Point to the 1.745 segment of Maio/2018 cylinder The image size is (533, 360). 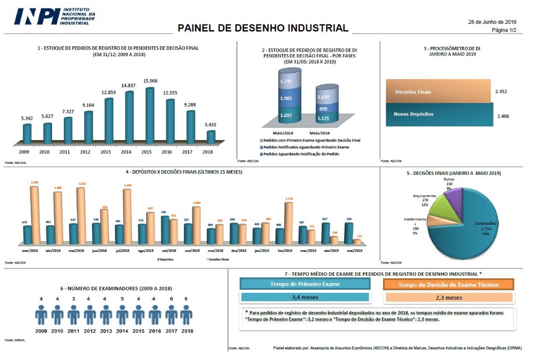coord(286,82)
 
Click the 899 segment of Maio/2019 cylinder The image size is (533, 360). coord(323,109)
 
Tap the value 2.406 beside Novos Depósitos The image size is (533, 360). coord(503,115)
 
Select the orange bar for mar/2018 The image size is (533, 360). coord(34,215)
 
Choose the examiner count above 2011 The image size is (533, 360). coord(73,299)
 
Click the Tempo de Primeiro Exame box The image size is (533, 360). coord(304,284)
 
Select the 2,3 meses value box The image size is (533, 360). coord(448,298)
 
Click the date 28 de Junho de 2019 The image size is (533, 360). coord(492,22)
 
